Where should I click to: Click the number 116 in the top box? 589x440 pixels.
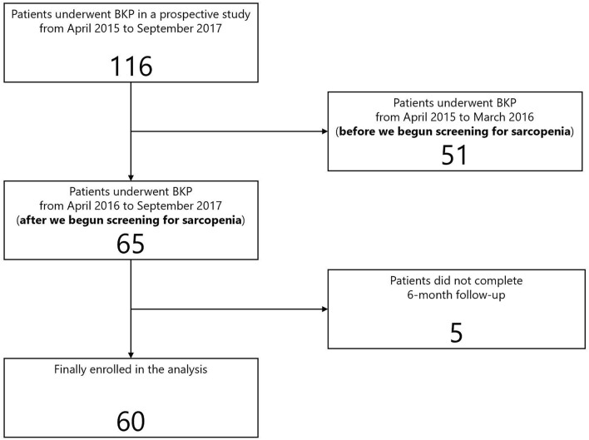pyautogui.click(x=131, y=66)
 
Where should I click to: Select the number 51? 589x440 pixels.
pyautogui.click(x=454, y=154)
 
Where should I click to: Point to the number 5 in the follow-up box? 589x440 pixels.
pyautogui.click(x=454, y=330)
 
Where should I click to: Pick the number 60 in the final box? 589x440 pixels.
pyautogui.click(x=131, y=419)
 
